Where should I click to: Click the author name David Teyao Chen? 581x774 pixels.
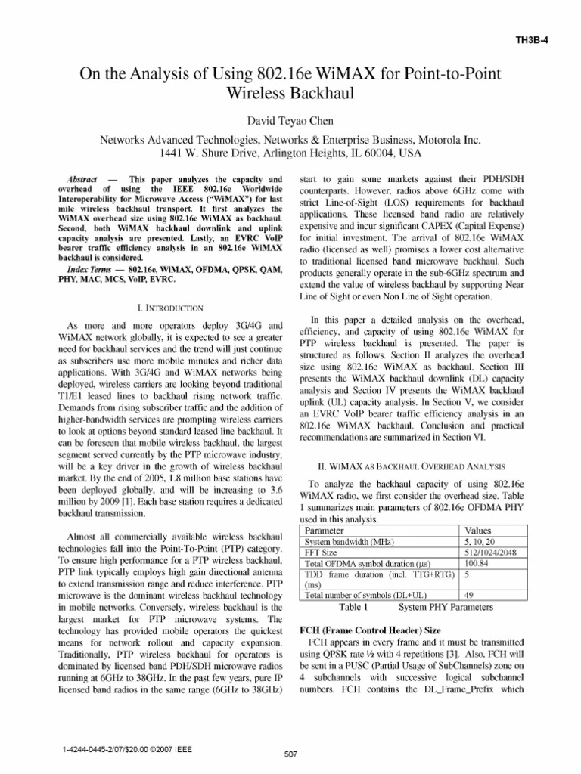(290, 121)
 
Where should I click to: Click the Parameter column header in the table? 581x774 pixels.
(327, 531)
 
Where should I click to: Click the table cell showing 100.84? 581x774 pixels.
(477, 563)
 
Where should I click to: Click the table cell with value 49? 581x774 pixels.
(471, 595)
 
